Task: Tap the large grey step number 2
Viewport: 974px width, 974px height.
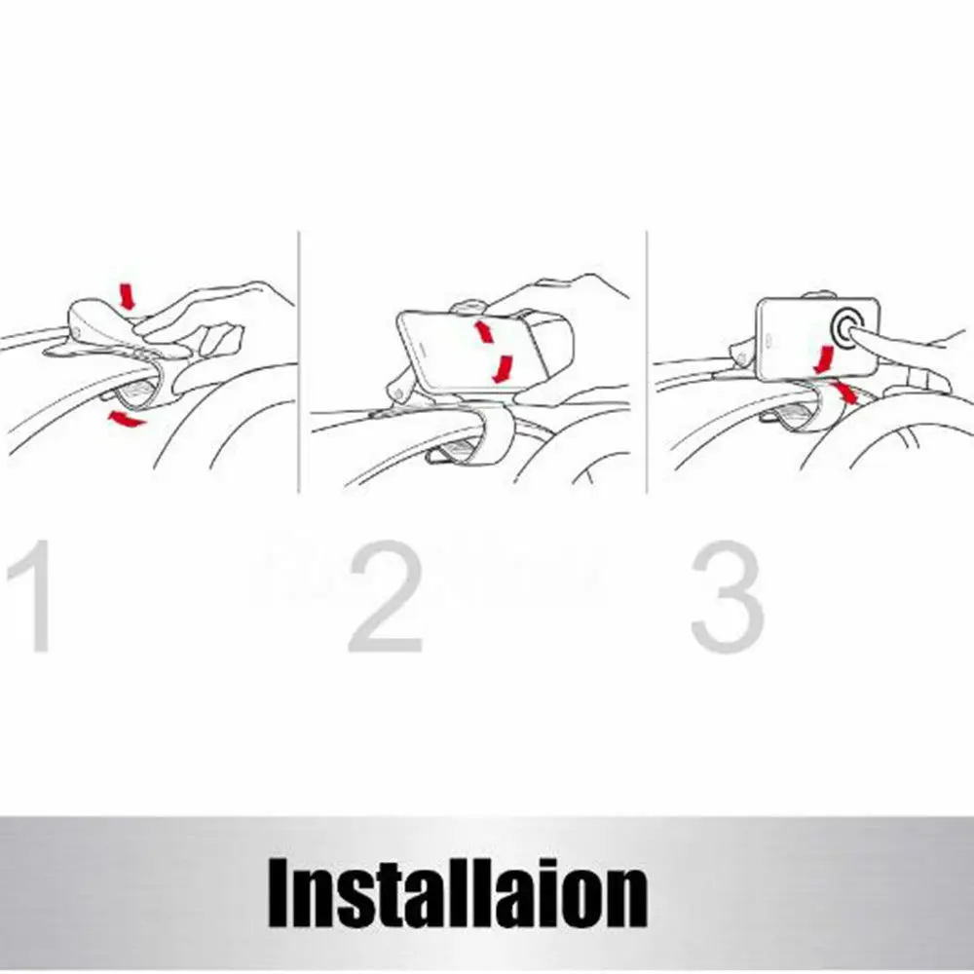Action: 386,596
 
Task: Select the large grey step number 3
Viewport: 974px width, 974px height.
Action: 728,596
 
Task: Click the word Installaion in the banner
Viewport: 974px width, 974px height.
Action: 458,892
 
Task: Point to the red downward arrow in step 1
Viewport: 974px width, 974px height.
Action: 127,296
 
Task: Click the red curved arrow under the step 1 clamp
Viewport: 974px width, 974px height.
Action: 126,419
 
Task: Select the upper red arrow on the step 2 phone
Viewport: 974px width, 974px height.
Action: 484,331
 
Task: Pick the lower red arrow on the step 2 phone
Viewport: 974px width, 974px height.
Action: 503,369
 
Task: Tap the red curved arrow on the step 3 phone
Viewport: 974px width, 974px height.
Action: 825,360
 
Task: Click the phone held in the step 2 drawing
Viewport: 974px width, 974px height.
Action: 463,351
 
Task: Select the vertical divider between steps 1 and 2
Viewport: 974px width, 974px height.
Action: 299,362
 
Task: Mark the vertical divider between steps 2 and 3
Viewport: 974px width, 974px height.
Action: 647,362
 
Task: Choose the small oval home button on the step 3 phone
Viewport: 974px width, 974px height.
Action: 768,340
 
